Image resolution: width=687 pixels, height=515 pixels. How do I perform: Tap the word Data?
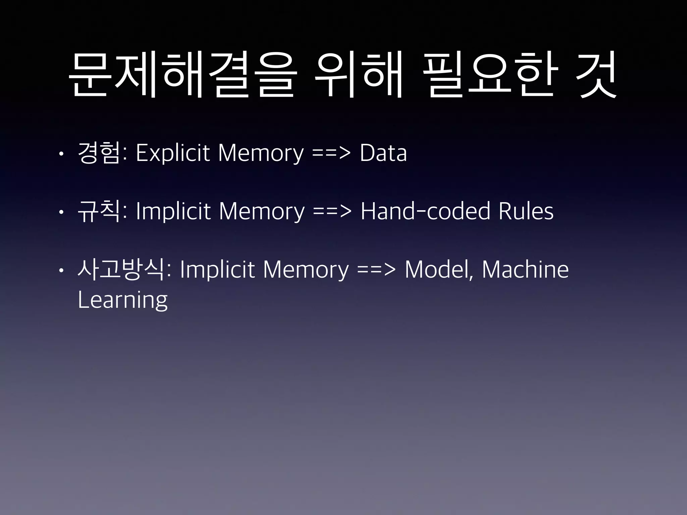click(x=383, y=154)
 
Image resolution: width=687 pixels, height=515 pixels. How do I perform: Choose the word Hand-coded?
click(x=425, y=211)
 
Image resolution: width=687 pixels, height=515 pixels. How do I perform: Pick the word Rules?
click(x=526, y=211)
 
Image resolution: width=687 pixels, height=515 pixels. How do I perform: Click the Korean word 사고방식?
click(x=120, y=270)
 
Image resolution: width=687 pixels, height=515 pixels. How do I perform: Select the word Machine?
click(x=525, y=270)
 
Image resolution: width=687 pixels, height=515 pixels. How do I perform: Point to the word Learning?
click(x=122, y=300)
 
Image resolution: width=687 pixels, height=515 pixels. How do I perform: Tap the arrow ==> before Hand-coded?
click(x=332, y=211)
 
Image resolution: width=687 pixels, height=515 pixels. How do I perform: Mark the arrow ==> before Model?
click(x=376, y=270)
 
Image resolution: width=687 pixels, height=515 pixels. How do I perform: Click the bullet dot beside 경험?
click(x=60, y=154)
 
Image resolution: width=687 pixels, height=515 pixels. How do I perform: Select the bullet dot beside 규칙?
click(x=60, y=212)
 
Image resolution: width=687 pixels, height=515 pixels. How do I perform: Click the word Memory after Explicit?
click(x=261, y=154)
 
